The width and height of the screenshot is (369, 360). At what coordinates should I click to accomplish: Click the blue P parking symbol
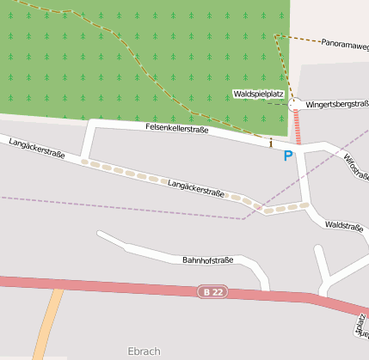288,156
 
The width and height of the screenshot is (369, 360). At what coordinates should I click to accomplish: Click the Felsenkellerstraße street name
177,129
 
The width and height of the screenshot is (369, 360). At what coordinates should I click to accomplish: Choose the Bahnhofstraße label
208,259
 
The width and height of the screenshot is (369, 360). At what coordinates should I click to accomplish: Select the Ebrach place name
144,351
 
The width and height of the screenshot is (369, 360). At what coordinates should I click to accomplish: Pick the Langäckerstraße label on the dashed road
196,189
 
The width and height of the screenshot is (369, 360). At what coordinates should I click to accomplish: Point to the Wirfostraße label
355,168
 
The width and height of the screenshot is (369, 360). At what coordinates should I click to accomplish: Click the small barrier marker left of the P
271,143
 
